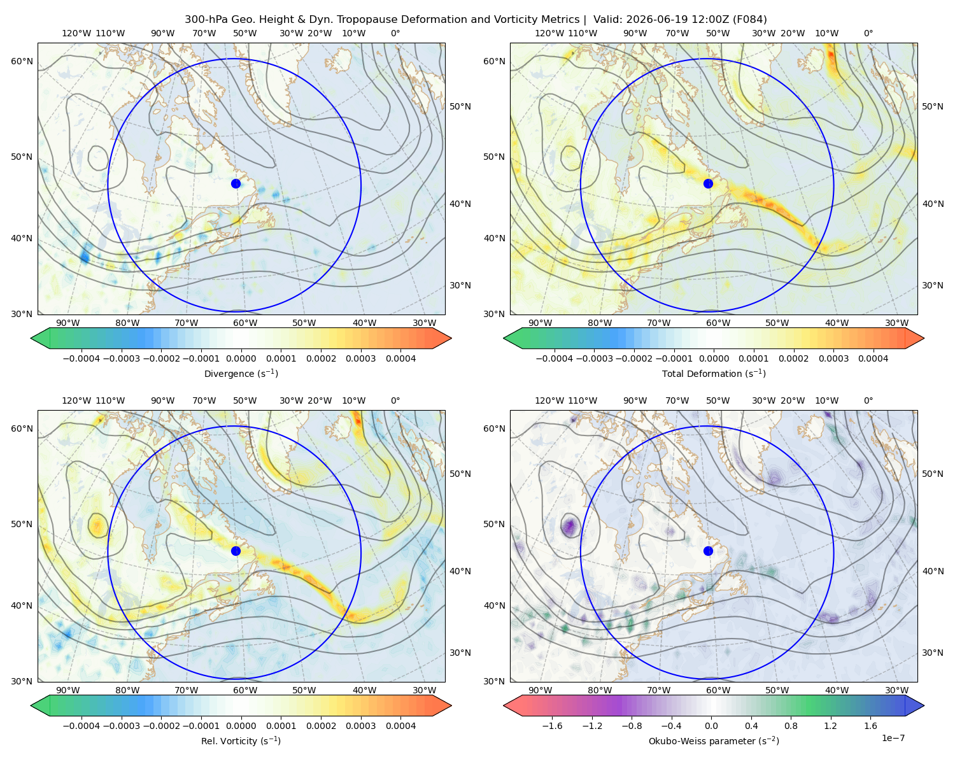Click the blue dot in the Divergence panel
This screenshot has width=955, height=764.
tap(236, 183)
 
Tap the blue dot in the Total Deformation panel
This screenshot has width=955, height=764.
tap(708, 183)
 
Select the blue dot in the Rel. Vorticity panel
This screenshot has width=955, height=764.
tap(236, 551)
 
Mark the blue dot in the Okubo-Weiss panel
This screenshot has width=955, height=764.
tap(708, 551)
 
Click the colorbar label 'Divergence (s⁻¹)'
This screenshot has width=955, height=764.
tap(241, 373)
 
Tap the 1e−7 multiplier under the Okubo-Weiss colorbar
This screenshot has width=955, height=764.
tap(893, 738)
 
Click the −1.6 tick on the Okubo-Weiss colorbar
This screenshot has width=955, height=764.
tap(552, 725)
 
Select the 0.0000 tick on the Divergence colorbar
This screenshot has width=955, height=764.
tap(241, 358)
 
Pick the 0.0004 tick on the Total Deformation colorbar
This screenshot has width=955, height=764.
tap(873, 358)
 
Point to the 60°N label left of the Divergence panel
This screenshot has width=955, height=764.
tap(22, 61)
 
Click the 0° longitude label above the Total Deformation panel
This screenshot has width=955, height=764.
tap(868, 33)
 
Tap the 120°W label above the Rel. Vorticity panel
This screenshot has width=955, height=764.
tap(76, 400)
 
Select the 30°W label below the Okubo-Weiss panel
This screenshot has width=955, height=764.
tap(897, 690)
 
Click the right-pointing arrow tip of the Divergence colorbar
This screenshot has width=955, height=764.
tap(451, 338)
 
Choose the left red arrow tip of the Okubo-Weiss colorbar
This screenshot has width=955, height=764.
tap(504, 705)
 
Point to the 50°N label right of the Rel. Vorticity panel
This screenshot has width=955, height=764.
tap(460, 473)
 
